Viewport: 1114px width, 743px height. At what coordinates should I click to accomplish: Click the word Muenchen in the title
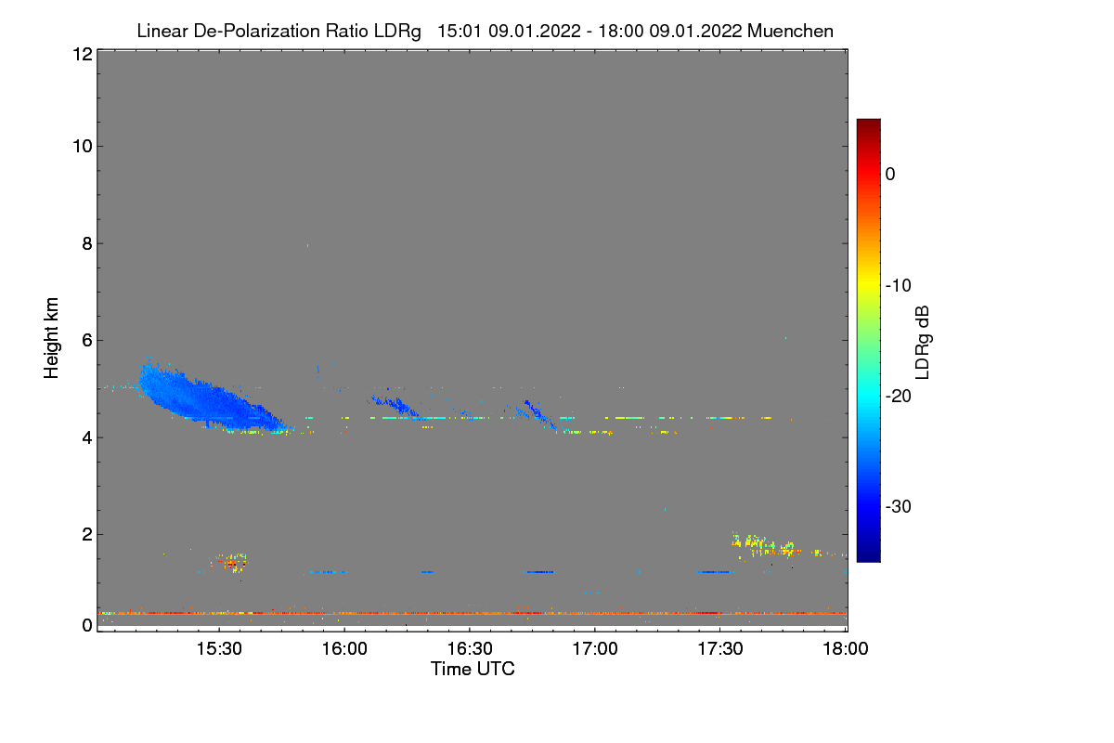[x=790, y=32]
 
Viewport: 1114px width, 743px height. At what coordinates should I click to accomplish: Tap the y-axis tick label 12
[x=81, y=54]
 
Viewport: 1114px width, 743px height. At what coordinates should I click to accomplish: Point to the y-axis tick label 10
[x=81, y=146]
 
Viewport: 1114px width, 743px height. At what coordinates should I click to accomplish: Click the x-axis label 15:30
[x=218, y=650]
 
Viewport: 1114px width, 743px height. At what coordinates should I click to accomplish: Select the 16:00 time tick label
[x=343, y=650]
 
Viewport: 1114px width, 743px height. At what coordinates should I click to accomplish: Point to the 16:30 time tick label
[x=469, y=650]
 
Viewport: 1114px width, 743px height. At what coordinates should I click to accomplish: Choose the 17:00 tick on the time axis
[x=595, y=650]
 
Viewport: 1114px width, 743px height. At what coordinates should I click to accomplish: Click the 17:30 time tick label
[x=720, y=650]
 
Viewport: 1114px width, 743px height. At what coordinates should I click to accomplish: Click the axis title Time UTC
[x=473, y=669]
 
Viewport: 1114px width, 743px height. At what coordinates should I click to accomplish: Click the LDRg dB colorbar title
[x=923, y=341]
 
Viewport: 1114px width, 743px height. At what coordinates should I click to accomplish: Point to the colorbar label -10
[x=899, y=285]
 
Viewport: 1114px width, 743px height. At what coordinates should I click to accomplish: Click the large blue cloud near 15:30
[x=204, y=398]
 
